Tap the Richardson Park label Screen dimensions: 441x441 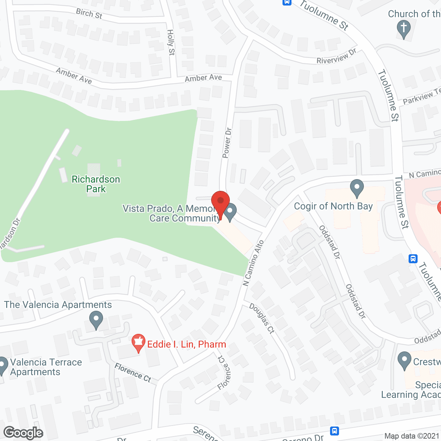point(96,184)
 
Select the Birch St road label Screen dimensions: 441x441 point(89,13)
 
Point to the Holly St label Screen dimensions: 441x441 point(171,42)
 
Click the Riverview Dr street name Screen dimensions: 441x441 point(336,57)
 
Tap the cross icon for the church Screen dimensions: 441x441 point(403,28)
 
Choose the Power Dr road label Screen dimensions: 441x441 point(227,143)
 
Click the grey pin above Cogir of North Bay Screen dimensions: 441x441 point(357,188)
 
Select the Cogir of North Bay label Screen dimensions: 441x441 point(333,206)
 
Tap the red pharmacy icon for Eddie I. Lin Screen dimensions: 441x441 point(138,342)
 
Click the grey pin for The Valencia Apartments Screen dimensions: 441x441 point(96,319)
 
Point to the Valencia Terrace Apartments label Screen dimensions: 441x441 point(46,367)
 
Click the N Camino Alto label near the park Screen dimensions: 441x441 point(253,263)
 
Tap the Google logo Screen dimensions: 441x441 point(23,433)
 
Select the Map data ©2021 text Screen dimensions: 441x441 point(412,436)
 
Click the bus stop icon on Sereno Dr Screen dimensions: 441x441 point(334,431)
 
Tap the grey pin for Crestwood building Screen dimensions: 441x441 point(404,360)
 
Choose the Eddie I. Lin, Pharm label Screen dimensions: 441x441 point(186,344)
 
